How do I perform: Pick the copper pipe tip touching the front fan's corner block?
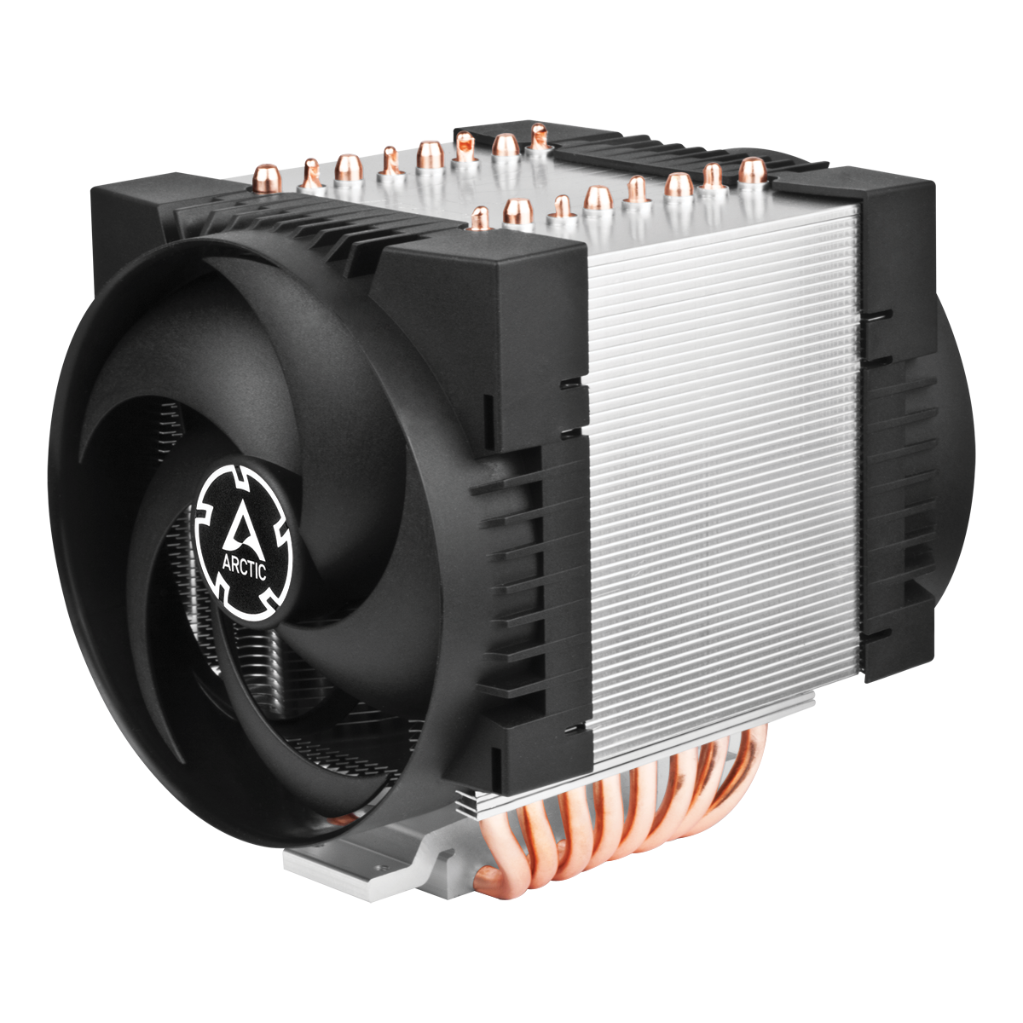point(480,217)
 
